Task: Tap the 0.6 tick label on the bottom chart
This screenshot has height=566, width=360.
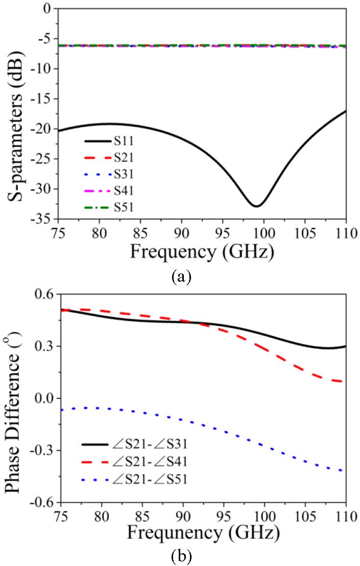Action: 43,295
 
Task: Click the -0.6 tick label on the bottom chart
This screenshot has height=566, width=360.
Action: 41,503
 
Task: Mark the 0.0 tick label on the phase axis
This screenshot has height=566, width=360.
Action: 43,399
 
